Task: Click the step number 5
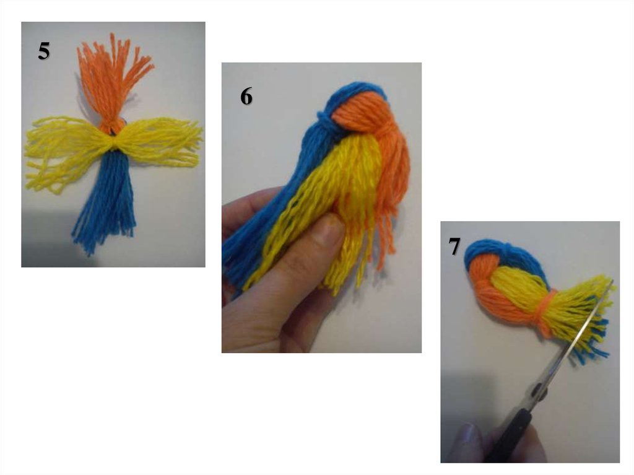point(44,51)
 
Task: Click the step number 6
point(246,97)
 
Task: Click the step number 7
point(454,246)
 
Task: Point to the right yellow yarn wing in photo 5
point(160,142)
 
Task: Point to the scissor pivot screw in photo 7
point(538,390)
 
